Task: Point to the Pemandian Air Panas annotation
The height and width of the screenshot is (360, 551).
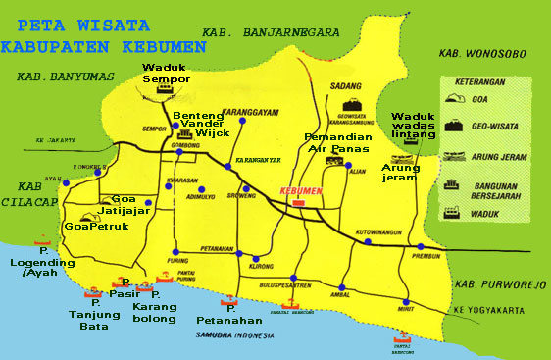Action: click(x=336, y=143)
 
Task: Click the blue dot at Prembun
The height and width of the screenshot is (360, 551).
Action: click(x=420, y=246)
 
